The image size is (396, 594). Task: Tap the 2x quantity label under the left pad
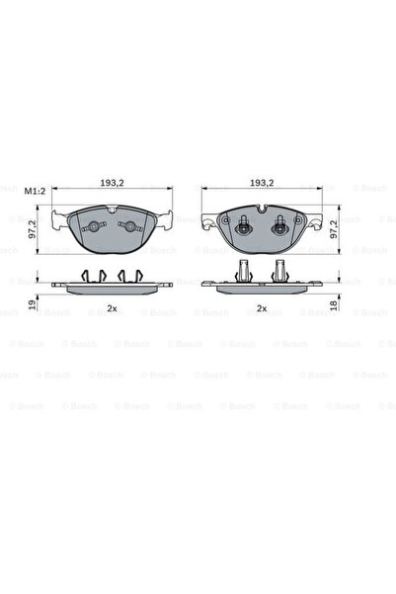pyautogui.click(x=112, y=309)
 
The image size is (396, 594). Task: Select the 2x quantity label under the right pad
pyautogui.click(x=262, y=309)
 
